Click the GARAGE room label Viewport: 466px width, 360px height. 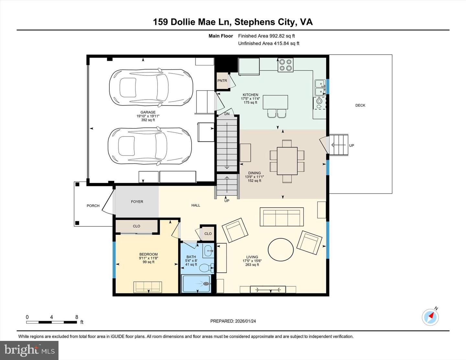coord(148,112)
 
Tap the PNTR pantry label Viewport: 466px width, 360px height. coord(222,81)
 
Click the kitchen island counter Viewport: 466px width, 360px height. coord(275,102)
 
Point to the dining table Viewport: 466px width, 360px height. coord(287,161)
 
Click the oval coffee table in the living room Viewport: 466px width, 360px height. coord(281,249)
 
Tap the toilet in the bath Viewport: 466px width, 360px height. coord(205,268)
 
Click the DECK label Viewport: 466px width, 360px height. coord(360,105)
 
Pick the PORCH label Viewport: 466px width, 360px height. coord(93,206)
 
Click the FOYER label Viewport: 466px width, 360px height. coord(137,202)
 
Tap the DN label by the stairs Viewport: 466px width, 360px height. coord(227,114)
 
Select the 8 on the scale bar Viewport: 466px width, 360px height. coord(77,317)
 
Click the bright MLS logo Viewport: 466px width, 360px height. coord(29,350)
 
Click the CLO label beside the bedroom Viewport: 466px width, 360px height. coord(137,226)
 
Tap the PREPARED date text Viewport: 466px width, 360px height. coord(233,321)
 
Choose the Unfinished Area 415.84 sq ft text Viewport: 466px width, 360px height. coord(269,43)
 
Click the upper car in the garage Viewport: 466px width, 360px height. coord(151,87)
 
